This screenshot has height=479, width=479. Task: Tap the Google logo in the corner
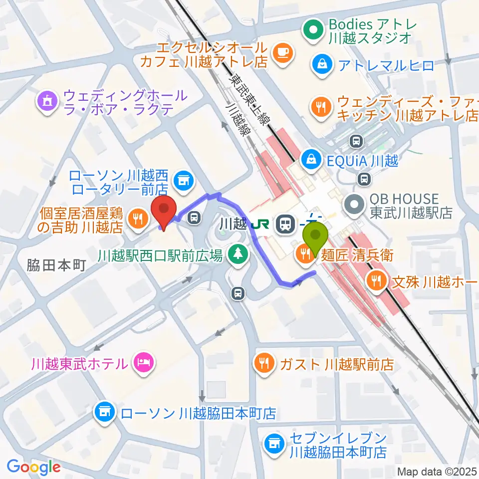click(x=33, y=467)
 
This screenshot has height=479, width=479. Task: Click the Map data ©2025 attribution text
click(x=437, y=471)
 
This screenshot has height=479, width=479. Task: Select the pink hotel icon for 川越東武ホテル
click(x=144, y=363)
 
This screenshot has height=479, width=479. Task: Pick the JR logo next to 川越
click(x=260, y=224)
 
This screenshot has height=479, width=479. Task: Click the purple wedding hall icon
click(x=48, y=101)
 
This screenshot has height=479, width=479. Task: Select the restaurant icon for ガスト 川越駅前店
click(x=263, y=363)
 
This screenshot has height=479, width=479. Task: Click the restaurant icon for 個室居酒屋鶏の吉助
click(x=135, y=218)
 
